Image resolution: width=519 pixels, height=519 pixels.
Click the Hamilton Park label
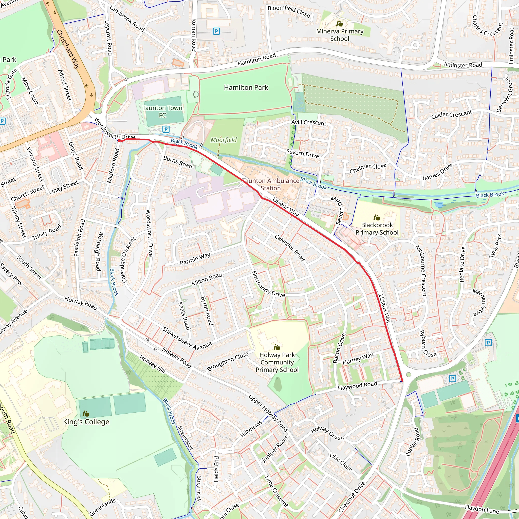(246, 88)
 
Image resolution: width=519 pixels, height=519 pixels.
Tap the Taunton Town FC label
(162, 112)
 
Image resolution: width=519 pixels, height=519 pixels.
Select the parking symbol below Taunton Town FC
(166, 129)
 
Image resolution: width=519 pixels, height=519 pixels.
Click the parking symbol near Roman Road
(216, 31)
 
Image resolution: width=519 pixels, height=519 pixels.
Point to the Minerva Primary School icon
(340, 24)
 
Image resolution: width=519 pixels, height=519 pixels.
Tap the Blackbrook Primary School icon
(377, 217)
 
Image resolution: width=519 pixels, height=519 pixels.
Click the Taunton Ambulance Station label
(271, 184)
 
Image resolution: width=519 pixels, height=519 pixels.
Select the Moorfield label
(224, 140)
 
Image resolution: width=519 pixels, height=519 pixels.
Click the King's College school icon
(86, 413)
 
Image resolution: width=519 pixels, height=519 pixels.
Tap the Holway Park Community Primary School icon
(277, 347)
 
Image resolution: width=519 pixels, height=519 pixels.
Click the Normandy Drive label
(268, 284)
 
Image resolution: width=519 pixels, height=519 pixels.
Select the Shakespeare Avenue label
(187, 339)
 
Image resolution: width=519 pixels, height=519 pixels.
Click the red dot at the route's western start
(119, 140)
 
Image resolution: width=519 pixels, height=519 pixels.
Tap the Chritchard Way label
(68, 49)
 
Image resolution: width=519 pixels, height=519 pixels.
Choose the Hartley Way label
(358, 359)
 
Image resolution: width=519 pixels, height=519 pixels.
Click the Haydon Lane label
(482, 509)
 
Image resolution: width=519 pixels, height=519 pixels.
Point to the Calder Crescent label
(452, 115)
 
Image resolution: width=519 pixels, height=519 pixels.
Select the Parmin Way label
(195, 259)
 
